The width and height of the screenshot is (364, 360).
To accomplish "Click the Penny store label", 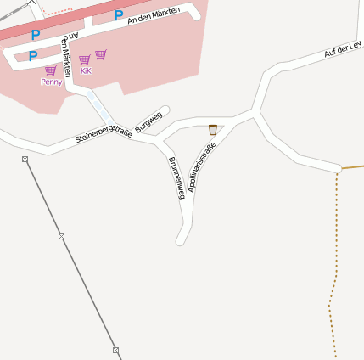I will click(51, 82).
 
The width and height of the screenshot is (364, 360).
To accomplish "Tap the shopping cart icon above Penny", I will click(51, 70).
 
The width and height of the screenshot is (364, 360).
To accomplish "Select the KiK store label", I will click(86, 71).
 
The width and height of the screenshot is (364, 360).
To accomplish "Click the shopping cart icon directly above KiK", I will click(85, 59).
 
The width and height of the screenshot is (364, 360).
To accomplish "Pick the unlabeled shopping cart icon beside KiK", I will click(101, 55).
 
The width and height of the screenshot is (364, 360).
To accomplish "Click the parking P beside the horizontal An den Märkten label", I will click(119, 15).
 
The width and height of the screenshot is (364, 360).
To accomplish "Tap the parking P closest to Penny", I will click(33, 56).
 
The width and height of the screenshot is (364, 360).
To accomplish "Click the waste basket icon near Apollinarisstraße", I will click(212, 130).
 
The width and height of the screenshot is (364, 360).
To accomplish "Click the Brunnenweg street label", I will click(176, 178).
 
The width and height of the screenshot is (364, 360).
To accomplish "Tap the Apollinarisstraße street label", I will click(203, 167).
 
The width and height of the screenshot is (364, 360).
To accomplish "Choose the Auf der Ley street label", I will click(343, 48).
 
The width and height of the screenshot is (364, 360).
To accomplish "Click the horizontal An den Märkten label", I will click(155, 18).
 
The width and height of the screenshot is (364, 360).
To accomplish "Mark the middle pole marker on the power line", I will click(61, 236).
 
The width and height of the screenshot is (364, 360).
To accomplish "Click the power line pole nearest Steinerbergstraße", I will click(25, 160).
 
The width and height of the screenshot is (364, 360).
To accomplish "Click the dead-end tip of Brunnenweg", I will click(181, 241).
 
